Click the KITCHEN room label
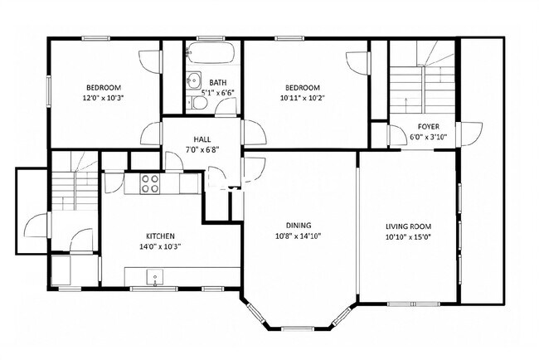[161, 236]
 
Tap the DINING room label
[299, 226]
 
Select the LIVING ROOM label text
[408, 226]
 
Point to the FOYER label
[429, 127]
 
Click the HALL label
[202, 139]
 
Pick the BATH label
[218, 82]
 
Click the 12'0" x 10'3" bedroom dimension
[103, 98]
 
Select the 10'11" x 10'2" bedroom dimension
[303, 98]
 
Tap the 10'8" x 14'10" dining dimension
[299, 236]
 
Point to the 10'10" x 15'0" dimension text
[408, 237]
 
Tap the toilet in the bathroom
[197, 102]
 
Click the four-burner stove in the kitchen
[150, 183]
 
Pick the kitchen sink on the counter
[155, 277]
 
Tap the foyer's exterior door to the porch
[471, 134]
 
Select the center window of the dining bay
[298, 328]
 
